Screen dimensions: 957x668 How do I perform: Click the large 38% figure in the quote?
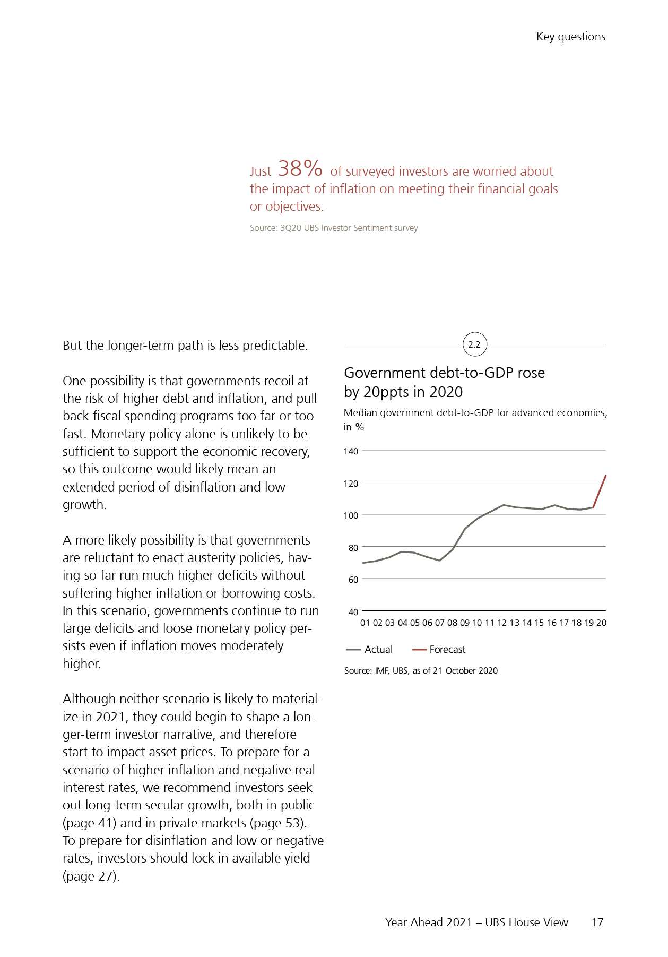point(300,169)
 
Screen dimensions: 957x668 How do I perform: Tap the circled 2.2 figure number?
point(474,344)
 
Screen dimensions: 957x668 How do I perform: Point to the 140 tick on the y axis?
point(351,451)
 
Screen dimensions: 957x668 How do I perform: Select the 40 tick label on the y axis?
point(353,612)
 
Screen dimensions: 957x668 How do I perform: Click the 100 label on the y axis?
point(351,515)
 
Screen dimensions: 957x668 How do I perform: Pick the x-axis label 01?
point(365,623)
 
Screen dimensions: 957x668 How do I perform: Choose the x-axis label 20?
point(601,623)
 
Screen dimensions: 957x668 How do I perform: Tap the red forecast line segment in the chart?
point(600,492)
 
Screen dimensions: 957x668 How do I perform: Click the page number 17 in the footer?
point(597,922)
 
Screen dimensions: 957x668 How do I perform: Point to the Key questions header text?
point(570,37)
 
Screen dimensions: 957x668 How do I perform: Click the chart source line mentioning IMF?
point(421,670)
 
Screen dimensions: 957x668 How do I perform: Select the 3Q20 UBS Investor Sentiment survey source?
point(334,228)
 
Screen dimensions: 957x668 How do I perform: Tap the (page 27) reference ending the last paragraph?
point(91,876)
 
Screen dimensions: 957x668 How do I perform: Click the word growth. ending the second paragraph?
point(84,504)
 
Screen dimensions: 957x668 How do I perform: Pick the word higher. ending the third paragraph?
point(82,663)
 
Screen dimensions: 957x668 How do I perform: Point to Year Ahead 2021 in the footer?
point(428,922)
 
